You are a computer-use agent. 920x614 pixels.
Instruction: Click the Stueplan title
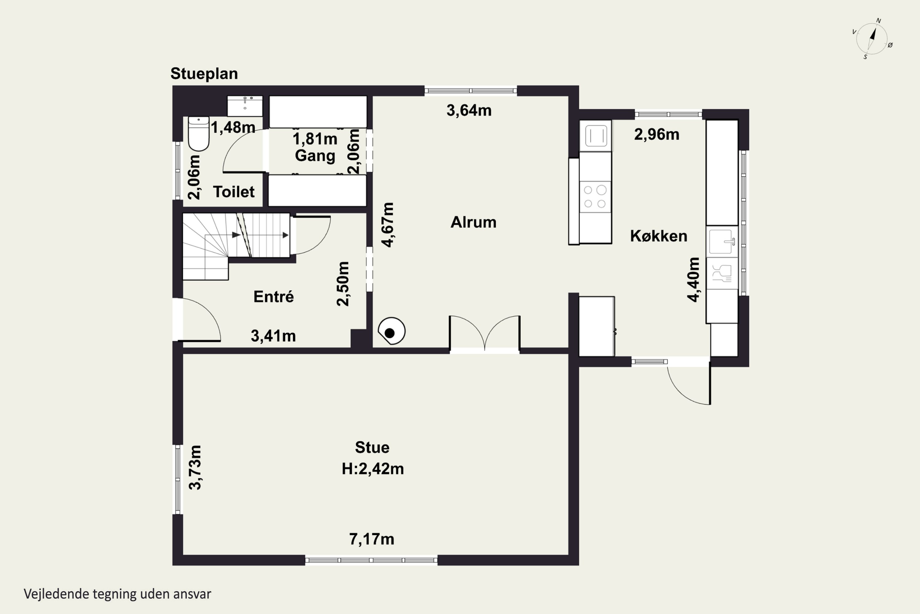tap(204, 74)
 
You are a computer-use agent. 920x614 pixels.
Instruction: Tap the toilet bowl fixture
tap(199, 134)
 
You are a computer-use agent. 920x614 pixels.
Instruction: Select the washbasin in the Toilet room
tap(245, 106)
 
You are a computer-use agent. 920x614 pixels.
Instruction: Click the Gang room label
tap(315, 155)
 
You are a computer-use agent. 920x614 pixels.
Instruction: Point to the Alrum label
tap(473, 222)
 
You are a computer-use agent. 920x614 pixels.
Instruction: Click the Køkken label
tap(659, 236)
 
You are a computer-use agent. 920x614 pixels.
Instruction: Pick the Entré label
tap(274, 297)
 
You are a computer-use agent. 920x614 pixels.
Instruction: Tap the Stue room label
tap(372, 447)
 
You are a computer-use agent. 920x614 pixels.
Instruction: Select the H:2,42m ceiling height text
tap(373, 469)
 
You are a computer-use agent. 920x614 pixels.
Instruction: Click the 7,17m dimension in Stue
tap(372, 539)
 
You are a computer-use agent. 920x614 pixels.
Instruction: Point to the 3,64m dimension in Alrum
tap(469, 111)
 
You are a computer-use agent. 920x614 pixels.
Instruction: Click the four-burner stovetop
tap(595, 196)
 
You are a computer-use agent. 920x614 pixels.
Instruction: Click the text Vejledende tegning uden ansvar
tap(117, 594)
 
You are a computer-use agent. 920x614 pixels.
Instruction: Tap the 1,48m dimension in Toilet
tap(233, 127)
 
